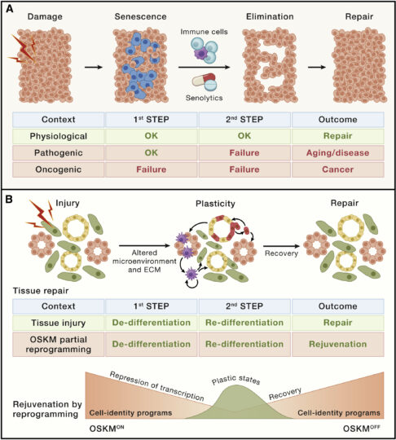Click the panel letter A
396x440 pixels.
point(10,9)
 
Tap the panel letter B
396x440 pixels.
point(9,199)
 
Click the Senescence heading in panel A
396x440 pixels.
point(140,16)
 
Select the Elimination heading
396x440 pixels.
point(270,16)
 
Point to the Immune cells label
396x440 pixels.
point(204,32)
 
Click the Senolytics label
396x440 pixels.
point(204,98)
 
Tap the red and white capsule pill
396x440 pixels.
point(204,80)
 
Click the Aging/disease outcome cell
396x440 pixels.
point(337,153)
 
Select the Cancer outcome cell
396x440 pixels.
point(337,169)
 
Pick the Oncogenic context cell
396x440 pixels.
point(59,169)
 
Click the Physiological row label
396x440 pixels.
point(59,136)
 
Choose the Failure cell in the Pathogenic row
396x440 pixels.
point(244,153)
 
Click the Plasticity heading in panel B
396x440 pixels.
point(215,204)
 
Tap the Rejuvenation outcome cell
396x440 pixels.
point(337,345)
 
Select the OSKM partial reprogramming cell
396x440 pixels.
point(59,345)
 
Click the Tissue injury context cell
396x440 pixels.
point(59,323)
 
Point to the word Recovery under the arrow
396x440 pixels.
point(281,253)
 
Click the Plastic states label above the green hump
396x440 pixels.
point(235,380)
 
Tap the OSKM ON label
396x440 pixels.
point(107,429)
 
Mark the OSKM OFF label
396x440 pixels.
point(362,429)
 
